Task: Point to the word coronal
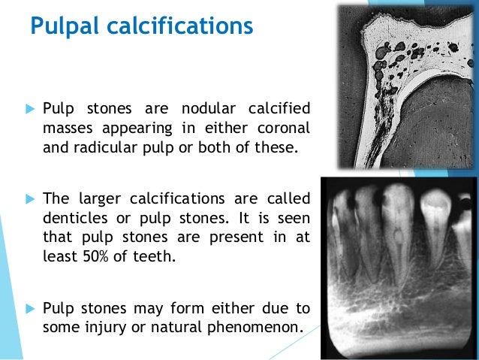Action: click(285, 127)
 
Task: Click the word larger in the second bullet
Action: click(99, 199)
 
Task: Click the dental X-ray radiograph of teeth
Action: click(397, 266)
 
